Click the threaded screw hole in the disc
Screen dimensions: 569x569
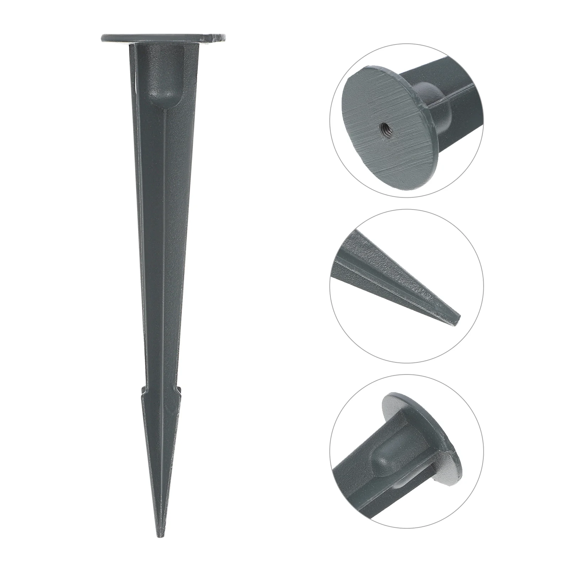384,126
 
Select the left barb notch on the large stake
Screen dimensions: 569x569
143,390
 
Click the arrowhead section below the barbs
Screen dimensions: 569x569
161,445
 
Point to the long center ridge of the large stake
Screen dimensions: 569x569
165,249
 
